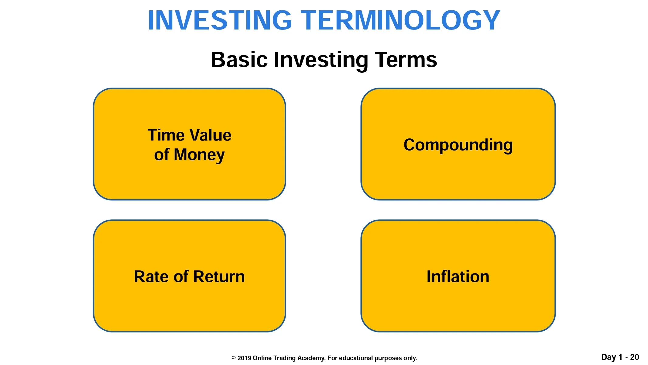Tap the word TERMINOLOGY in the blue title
(400, 20)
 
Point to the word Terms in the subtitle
(406, 60)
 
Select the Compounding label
(458, 145)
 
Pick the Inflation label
(458, 276)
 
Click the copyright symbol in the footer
(234, 358)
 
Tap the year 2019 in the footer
(244, 358)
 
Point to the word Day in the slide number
(609, 357)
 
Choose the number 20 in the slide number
(635, 357)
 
